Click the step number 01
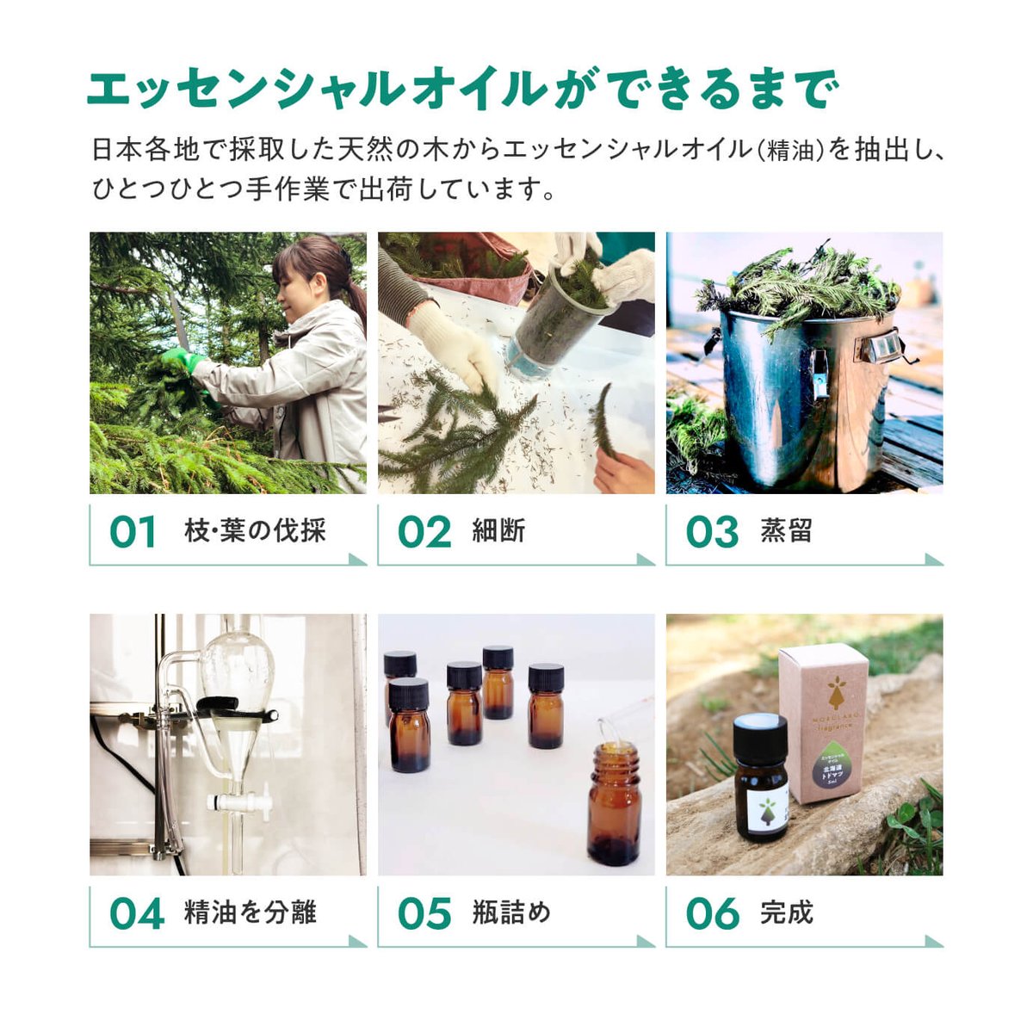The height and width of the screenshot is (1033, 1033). click(x=133, y=531)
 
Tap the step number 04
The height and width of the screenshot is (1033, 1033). click(x=136, y=913)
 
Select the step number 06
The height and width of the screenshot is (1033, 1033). click(x=712, y=913)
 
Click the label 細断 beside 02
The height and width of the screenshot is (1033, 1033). click(x=498, y=531)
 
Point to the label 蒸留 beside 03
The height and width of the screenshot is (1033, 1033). click(x=786, y=531)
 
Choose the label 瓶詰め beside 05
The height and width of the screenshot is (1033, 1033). click(x=511, y=912)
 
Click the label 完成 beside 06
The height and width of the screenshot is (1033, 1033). click(x=786, y=912)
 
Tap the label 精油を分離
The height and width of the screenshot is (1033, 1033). click(x=251, y=912)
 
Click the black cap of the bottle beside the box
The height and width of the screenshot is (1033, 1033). click(x=760, y=738)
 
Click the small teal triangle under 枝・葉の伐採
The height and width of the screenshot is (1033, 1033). click(x=356, y=560)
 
